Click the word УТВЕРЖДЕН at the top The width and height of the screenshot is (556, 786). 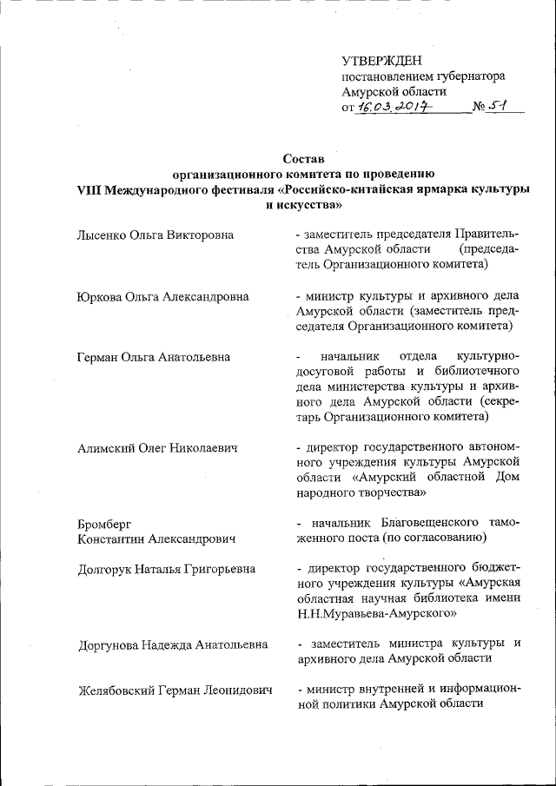(x=381, y=60)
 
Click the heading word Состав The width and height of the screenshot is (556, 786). (x=303, y=159)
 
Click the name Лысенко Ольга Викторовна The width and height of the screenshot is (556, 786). (x=155, y=234)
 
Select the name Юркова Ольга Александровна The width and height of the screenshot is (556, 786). (x=162, y=296)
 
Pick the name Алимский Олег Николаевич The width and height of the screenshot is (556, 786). (x=157, y=447)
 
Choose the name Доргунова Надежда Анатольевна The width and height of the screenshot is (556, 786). (x=172, y=644)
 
